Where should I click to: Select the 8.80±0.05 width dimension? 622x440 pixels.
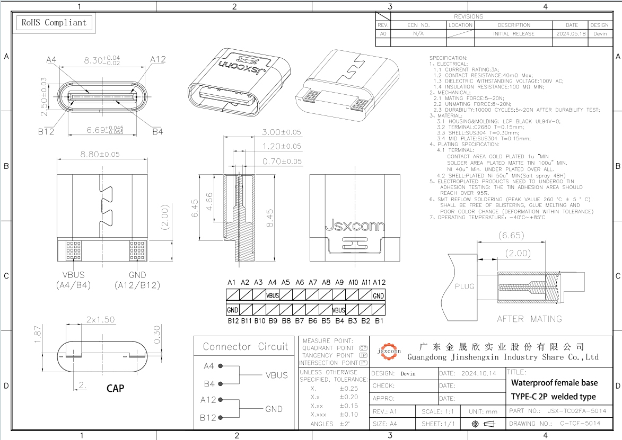pos(99,154)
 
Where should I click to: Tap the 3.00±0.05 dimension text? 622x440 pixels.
pos(282,132)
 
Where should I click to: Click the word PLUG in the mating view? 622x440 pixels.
pos(464,286)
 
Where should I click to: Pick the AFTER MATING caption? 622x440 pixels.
pos(529,319)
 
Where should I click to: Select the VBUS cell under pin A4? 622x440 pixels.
pos(273,296)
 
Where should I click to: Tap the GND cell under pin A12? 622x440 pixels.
pos(379,296)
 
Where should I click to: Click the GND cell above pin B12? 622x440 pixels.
pos(232,310)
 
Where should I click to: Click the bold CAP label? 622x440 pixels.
pos(116,388)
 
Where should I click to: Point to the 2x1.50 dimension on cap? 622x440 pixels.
pos(101,320)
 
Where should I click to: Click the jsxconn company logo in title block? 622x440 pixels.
pos(389,351)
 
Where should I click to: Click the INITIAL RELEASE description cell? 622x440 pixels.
pos(513,33)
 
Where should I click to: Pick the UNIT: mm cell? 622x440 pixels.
pos(483,411)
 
